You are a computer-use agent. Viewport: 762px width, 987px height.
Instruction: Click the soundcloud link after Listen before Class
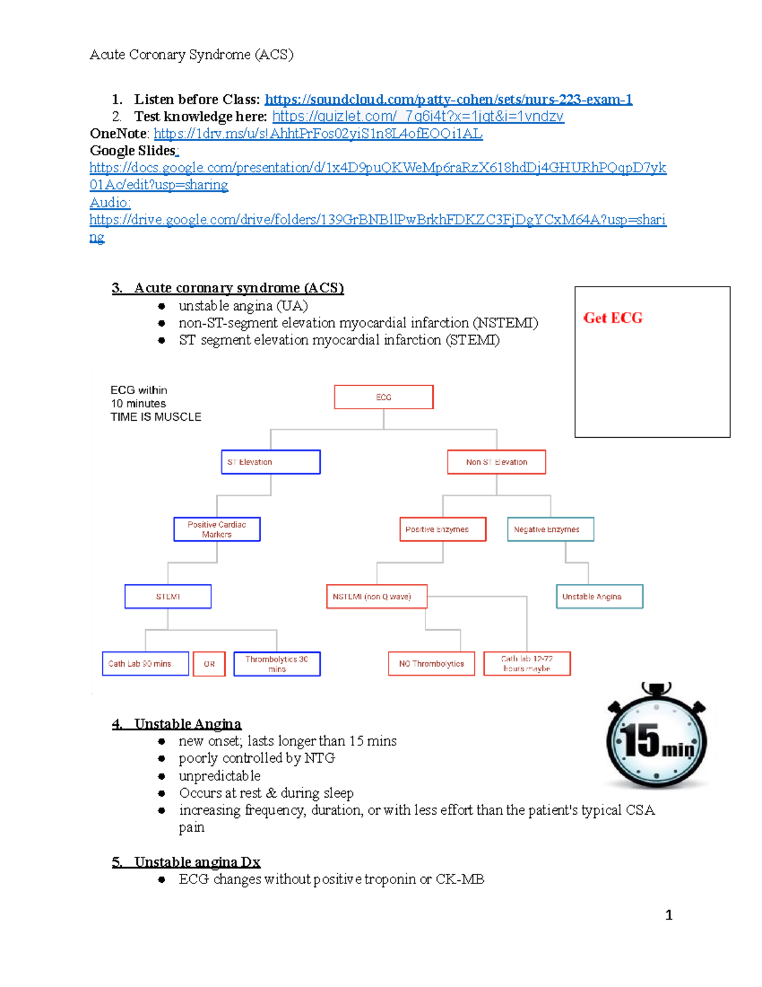(x=448, y=99)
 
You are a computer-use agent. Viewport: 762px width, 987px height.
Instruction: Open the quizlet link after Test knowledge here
(x=418, y=116)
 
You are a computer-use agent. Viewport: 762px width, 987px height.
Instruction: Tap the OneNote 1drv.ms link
(x=318, y=133)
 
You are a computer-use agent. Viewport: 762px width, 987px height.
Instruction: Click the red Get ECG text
(x=613, y=318)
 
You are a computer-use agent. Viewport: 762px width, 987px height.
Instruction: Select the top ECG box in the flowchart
(x=384, y=397)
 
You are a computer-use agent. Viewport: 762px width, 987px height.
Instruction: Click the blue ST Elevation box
(x=271, y=462)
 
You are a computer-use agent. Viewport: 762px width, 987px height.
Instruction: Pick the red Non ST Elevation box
(x=497, y=462)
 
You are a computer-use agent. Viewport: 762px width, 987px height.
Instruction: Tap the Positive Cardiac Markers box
(x=217, y=529)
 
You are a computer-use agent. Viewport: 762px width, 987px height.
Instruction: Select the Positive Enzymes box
(x=443, y=529)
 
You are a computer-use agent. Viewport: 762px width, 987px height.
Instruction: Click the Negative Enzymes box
(x=551, y=529)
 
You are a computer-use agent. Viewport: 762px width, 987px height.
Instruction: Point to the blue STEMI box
(x=168, y=597)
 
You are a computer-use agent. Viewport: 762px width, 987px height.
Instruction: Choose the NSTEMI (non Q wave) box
(x=377, y=597)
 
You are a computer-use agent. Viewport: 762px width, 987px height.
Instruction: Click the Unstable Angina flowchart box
(x=599, y=597)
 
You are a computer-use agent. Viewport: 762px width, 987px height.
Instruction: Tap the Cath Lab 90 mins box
(x=145, y=664)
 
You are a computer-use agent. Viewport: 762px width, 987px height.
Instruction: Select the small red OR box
(x=209, y=664)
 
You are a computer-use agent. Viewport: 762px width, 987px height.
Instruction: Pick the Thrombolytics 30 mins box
(x=277, y=664)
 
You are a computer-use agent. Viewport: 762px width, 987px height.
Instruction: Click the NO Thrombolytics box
(x=432, y=664)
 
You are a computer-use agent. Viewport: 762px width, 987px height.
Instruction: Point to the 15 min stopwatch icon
(x=657, y=737)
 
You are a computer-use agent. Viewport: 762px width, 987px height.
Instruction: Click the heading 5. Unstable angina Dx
(x=187, y=862)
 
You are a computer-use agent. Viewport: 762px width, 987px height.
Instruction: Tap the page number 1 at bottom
(x=669, y=915)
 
